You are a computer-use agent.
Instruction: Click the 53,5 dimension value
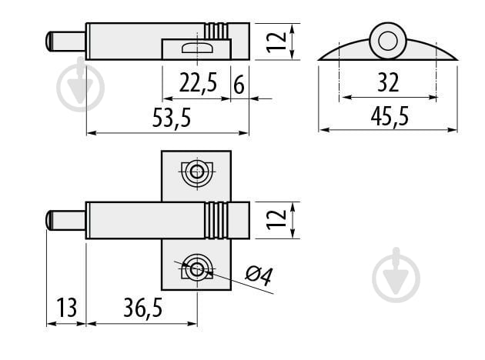coord(172,118)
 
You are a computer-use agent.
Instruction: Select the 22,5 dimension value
coord(199,82)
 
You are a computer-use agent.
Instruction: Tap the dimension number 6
coord(239,85)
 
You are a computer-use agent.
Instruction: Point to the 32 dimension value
coord(388,82)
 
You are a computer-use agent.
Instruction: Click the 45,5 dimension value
coord(390,116)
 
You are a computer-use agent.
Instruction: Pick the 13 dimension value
coord(66,308)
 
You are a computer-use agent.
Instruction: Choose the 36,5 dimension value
coord(143,308)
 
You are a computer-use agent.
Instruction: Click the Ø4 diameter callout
coord(259,275)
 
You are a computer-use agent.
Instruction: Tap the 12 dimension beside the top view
coord(276,42)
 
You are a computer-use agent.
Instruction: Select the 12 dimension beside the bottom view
coord(276,220)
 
